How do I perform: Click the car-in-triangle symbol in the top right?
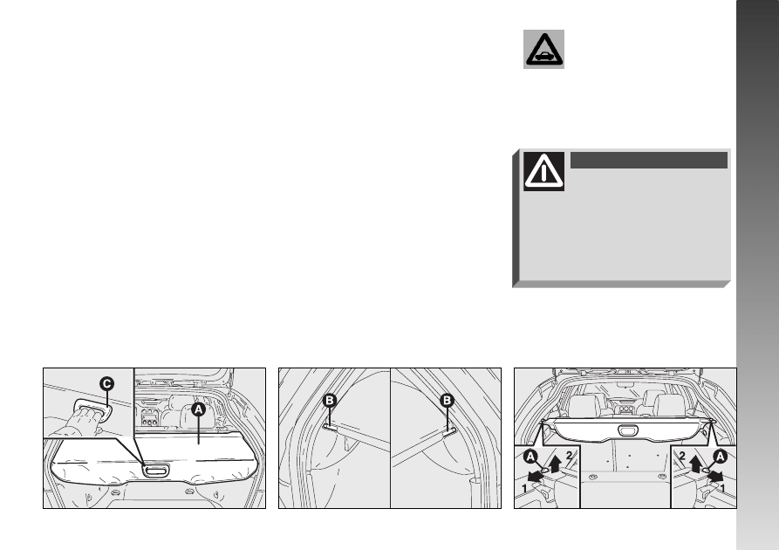point(543,49)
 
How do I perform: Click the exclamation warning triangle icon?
point(544,171)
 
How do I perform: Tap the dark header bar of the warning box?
point(649,160)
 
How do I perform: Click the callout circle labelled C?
point(106,384)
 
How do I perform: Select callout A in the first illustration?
point(198,409)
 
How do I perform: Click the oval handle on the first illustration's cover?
point(155,470)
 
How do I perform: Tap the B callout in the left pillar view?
point(330,401)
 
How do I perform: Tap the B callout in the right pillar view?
point(448,401)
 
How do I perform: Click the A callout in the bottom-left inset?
point(530,457)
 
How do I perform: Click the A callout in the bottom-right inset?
point(720,457)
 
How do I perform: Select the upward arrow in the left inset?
point(556,463)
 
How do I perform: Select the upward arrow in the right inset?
point(695,463)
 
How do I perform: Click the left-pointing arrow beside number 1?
point(534,477)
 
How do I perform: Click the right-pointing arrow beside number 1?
point(716,477)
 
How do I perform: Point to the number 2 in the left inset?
point(569,456)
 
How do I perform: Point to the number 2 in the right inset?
point(682,456)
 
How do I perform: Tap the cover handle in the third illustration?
point(628,430)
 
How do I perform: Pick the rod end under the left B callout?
point(328,426)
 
